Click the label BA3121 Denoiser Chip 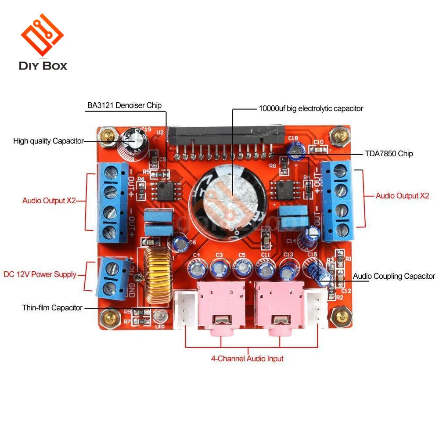123,105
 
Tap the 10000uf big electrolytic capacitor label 311,108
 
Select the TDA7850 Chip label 389,154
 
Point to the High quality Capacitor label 48,141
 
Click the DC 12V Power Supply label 40,274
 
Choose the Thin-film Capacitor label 52,308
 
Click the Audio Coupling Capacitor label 394,276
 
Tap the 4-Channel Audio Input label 247,359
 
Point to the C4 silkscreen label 196,255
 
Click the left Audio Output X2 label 49,201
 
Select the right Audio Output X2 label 402,196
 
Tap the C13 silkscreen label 288,255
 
